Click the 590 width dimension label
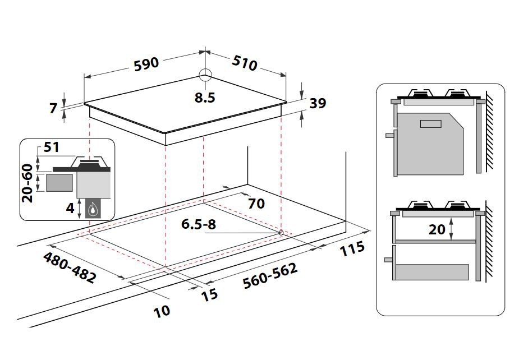[146, 64]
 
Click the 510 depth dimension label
[245, 63]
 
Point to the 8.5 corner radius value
[205, 98]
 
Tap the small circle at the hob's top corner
[205, 75]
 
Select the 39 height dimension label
[318, 104]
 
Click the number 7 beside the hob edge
[54, 108]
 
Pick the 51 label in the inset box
[51, 147]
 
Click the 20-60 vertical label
[27, 183]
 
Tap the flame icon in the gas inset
[93, 209]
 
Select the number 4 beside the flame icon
[70, 209]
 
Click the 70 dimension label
[256, 204]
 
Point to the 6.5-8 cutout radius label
[199, 224]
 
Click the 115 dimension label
[352, 248]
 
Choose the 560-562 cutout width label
[270, 276]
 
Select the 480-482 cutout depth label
[70, 267]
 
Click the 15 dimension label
[209, 294]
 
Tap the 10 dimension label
[162, 311]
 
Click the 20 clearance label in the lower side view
[437, 229]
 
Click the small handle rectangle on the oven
[430, 124]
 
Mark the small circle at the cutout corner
[281, 233]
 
